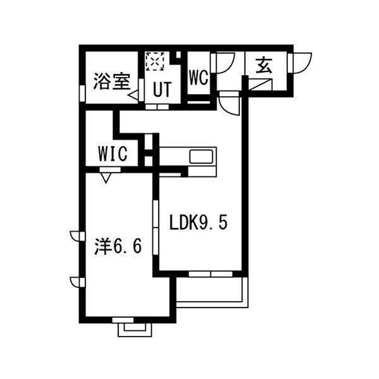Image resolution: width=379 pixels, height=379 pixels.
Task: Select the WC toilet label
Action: click(x=198, y=77)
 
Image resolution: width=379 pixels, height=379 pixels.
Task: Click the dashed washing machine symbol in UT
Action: click(x=154, y=62)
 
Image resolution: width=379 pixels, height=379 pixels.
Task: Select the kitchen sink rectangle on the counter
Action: click(x=202, y=156)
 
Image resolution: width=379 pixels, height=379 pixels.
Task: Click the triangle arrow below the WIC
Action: click(x=106, y=177)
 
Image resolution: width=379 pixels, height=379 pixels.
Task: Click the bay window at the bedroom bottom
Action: click(x=134, y=327)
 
